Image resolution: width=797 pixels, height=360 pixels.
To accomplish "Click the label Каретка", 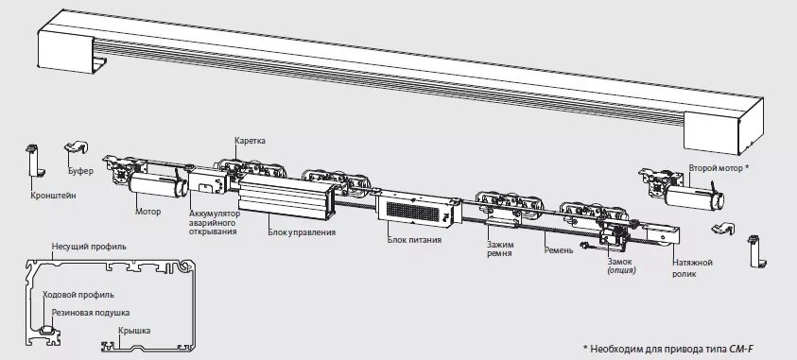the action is pyautogui.click(x=251, y=141).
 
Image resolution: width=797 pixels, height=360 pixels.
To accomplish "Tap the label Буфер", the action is pyautogui.click(x=81, y=172).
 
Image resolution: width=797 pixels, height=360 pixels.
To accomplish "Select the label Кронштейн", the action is pyautogui.click(x=45, y=197).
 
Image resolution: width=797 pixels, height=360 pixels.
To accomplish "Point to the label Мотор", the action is pyautogui.click(x=148, y=211).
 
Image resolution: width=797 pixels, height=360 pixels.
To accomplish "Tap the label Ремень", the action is pyautogui.click(x=560, y=250).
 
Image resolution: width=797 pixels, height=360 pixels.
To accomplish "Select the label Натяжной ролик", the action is pyautogui.click(x=693, y=267).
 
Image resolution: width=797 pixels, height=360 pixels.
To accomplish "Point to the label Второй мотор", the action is pyautogui.click(x=719, y=167).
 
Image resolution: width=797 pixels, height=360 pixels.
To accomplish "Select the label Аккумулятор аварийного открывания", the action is pyautogui.click(x=215, y=223).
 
